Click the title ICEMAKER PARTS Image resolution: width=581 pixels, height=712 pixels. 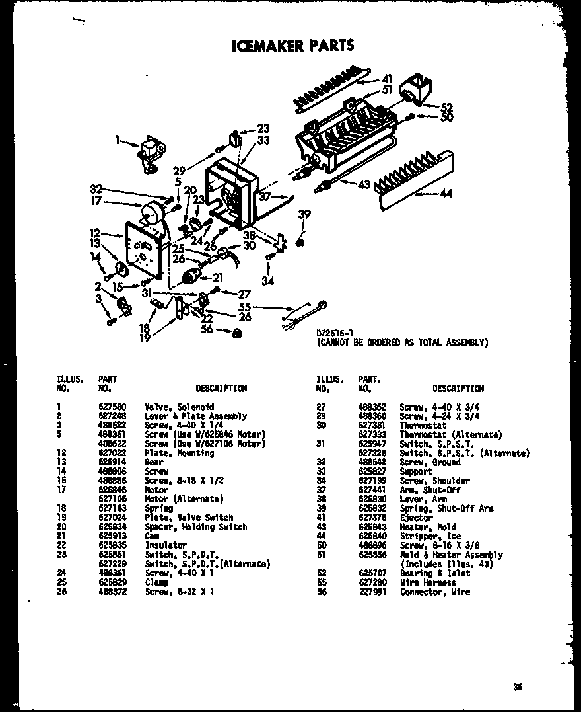(x=292, y=46)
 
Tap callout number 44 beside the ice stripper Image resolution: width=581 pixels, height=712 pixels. (x=446, y=194)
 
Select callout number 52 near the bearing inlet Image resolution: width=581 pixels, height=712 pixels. (x=447, y=106)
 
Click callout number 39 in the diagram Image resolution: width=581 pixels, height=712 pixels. (x=304, y=213)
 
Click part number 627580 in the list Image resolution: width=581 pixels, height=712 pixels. (x=110, y=407)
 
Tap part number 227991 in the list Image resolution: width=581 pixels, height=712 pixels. (x=371, y=592)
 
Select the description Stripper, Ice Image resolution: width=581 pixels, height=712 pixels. (x=430, y=536)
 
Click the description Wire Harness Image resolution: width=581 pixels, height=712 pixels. (x=428, y=582)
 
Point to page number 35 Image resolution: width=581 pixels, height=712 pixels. (x=517, y=687)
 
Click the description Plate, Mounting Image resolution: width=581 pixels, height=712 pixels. (x=175, y=453)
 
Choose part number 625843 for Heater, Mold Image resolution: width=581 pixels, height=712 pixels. (x=371, y=527)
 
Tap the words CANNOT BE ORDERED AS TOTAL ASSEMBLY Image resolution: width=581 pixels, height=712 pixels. (x=403, y=342)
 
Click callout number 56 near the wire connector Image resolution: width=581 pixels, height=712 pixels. (x=207, y=329)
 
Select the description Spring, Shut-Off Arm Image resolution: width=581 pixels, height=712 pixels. (x=446, y=508)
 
